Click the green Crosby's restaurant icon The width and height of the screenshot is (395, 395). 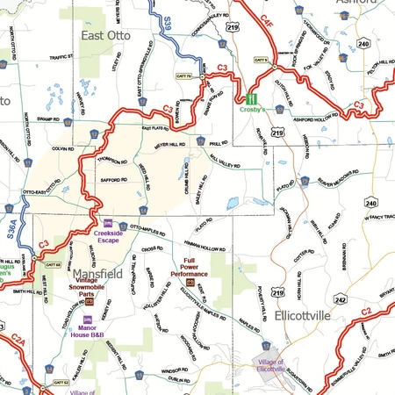coord(252,100)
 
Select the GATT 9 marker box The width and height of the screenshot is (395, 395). coord(261,60)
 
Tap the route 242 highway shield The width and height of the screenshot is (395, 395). coord(341,298)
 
